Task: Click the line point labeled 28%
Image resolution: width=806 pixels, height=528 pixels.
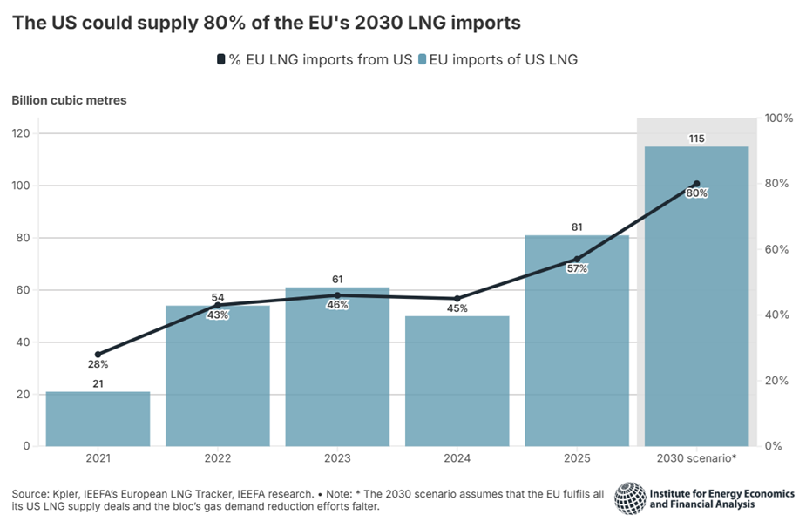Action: [x=98, y=355]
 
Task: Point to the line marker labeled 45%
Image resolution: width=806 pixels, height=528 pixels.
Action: [x=457, y=299]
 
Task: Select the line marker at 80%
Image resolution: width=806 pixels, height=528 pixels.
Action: [x=695, y=184]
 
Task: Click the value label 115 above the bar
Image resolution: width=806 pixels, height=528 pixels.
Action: [x=695, y=139]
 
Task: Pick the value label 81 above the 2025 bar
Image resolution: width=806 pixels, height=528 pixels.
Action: [x=576, y=228]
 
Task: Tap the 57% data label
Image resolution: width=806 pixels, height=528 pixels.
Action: [x=576, y=269]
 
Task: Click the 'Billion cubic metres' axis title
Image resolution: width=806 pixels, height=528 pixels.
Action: [x=69, y=100]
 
